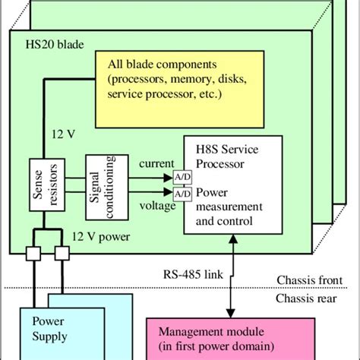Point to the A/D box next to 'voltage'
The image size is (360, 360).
point(182,194)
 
